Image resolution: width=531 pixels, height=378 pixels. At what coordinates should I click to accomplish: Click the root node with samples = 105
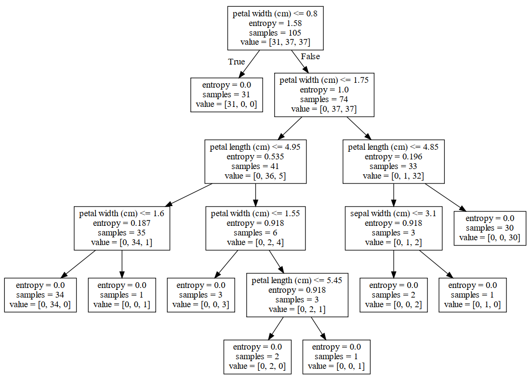click(x=275, y=28)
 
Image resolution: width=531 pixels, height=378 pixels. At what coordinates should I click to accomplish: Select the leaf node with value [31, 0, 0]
click(x=226, y=95)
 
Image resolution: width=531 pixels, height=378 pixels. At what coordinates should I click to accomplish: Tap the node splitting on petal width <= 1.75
click(x=324, y=95)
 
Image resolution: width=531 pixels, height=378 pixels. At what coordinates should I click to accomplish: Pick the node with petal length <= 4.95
click(x=255, y=161)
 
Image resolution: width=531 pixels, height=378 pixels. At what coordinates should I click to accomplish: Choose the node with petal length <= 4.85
click(x=394, y=161)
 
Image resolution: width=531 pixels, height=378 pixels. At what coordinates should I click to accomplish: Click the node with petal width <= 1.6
click(x=122, y=228)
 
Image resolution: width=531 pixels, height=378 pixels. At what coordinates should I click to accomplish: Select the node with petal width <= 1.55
click(x=255, y=228)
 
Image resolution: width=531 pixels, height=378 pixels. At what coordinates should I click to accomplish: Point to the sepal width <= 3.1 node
click(x=394, y=228)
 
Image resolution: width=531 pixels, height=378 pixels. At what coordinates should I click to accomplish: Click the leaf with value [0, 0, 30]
click(x=490, y=228)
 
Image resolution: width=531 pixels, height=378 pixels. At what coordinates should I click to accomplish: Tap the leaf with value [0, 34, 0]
click(x=40, y=295)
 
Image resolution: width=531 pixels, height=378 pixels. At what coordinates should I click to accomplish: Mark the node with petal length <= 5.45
click(x=297, y=295)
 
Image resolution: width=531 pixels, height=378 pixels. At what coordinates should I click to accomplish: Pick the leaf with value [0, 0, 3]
click(x=201, y=295)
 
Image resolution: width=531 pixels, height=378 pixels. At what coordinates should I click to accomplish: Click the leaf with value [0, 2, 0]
click(x=257, y=357)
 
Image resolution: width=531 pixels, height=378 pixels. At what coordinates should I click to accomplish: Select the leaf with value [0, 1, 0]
click(x=472, y=295)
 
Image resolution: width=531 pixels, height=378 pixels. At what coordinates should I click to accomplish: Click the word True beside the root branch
click(x=237, y=62)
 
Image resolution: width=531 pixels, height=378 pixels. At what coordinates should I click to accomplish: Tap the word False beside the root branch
click(x=310, y=56)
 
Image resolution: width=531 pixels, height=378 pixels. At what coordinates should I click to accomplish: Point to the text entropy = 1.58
click(x=275, y=23)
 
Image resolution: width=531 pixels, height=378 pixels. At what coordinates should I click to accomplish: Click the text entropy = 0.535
click(x=255, y=156)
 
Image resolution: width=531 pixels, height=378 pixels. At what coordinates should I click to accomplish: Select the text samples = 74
click(x=324, y=100)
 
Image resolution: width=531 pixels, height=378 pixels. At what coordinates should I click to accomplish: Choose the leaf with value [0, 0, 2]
click(x=394, y=295)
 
